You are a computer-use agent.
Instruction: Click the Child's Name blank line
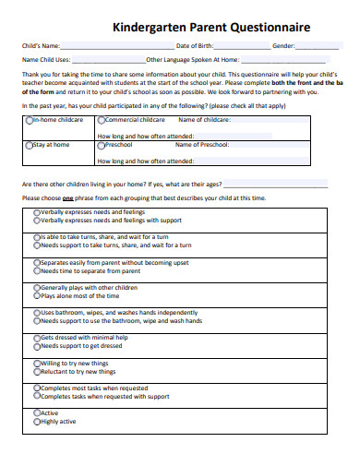(x=115, y=46)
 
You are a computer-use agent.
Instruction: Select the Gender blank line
(x=318, y=46)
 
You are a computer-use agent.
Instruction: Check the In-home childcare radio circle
(x=29, y=120)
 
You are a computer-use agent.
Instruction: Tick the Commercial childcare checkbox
(x=101, y=120)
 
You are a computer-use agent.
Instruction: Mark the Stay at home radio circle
(x=29, y=145)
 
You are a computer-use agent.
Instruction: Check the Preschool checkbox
(x=101, y=145)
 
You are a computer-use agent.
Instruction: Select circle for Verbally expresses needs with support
(x=37, y=221)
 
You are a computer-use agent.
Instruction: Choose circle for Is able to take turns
(x=37, y=238)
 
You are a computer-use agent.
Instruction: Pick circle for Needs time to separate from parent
(x=37, y=270)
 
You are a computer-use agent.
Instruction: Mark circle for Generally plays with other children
(x=37, y=288)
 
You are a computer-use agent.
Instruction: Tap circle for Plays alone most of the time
(x=37, y=296)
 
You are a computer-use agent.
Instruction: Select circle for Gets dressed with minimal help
(x=37, y=338)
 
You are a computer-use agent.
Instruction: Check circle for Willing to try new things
(x=37, y=363)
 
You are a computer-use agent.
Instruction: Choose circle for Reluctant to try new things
(x=37, y=371)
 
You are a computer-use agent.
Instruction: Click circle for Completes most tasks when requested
(x=37, y=388)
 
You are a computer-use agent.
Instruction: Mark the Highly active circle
(x=37, y=421)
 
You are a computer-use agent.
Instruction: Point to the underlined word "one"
(x=67, y=198)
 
